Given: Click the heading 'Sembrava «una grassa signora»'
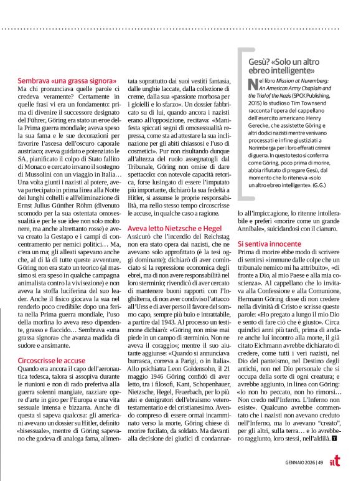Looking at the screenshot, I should click(67, 82).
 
